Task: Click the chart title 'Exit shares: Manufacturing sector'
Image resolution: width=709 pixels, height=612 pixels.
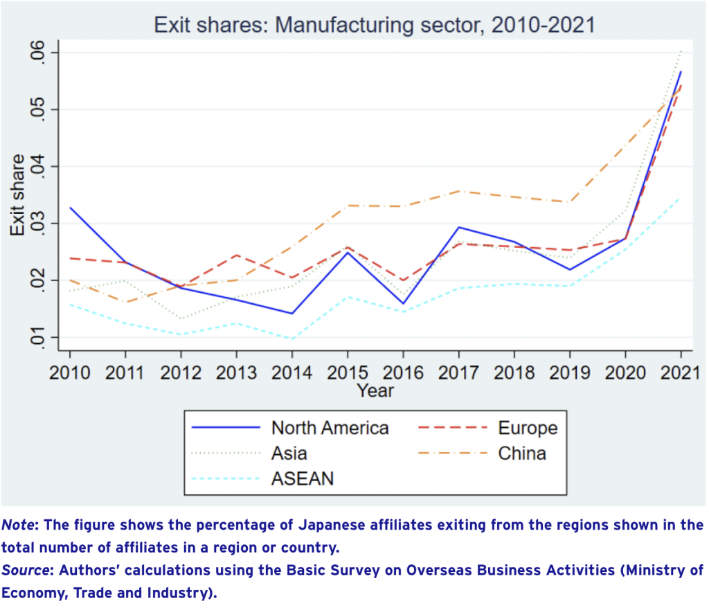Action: coord(375,26)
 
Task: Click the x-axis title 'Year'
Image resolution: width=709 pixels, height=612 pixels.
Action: coord(375,390)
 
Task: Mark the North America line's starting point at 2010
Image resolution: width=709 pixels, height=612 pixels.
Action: coord(70,208)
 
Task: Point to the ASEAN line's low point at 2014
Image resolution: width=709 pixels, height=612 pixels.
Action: coord(292,339)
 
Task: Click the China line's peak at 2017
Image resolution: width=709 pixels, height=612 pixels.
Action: coord(459,191)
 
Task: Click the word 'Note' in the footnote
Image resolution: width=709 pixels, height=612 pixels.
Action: coord(17,525)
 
